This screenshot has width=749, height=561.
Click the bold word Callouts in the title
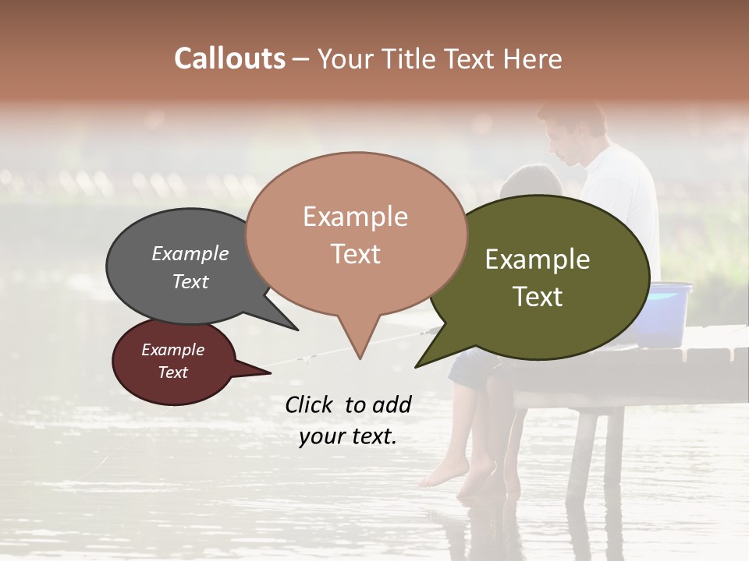click(x=229, y=58)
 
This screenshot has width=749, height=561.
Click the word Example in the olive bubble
click(x=538, y=259)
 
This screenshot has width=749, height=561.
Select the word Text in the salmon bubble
click(x=356, y=254)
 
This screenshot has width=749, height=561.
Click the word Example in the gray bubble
click(x=190, y=253)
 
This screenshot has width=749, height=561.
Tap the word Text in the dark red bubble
click(x=173, y=372)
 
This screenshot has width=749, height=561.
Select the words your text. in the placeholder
click(x=348, y=436)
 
